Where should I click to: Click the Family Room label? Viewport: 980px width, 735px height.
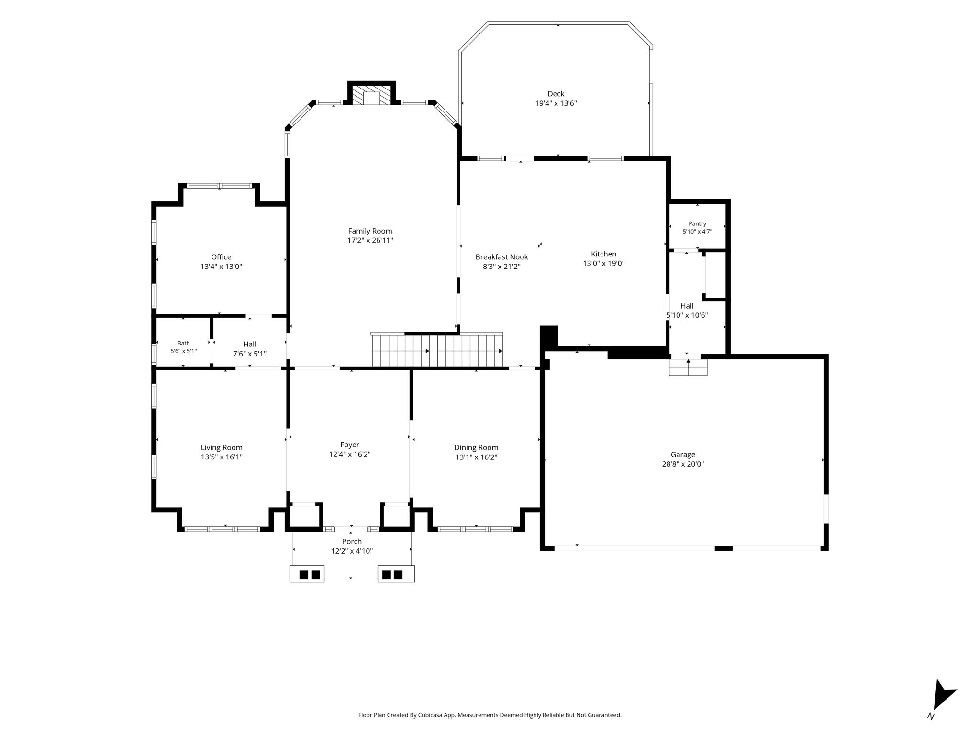point(370,231)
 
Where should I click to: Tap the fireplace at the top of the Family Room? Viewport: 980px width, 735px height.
point(371,94)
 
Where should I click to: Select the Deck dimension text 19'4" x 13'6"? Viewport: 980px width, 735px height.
point(556,103)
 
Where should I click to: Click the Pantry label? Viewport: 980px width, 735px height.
point(697,223)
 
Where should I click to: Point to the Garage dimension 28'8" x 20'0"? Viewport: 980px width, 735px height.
point(683,464)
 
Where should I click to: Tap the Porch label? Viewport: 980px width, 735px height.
point(352,541)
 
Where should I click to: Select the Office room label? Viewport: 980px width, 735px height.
point(221,257)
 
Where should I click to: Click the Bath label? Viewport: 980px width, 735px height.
point(184,343)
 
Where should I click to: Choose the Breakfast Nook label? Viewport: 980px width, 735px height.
point(501,257)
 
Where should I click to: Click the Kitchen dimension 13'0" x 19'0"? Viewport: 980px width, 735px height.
point(604,263)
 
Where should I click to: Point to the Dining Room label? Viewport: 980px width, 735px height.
point(476,447)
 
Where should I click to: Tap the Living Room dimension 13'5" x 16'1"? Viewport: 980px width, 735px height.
point(222,457)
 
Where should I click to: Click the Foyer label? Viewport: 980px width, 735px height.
point(350,445)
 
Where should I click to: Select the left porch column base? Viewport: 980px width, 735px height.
point(307,574)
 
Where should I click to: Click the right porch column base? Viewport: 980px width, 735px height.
point(396,574)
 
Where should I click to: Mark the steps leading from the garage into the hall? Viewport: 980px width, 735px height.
point(688,367)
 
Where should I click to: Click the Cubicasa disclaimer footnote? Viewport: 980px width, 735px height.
point(490,715)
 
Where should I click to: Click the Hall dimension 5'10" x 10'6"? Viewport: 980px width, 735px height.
point(687,315)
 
